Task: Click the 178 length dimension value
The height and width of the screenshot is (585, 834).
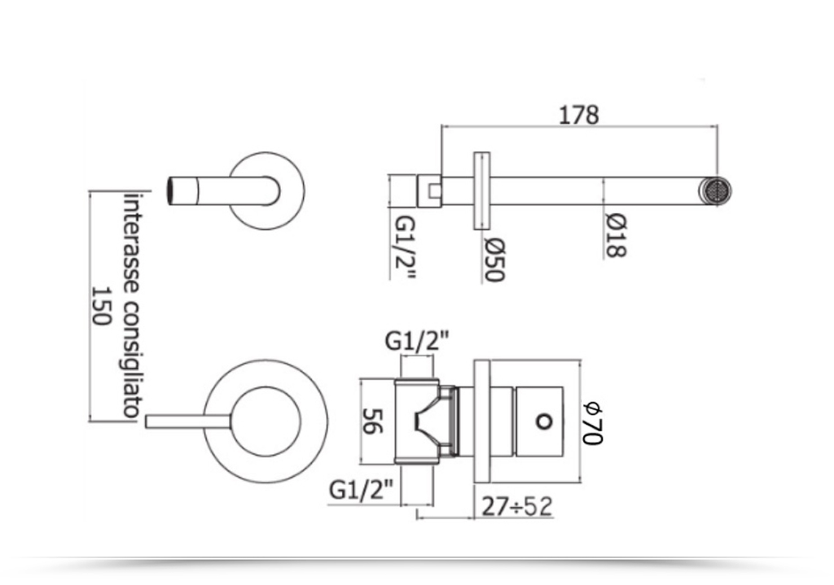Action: pyautogui.click(x=578, y=115)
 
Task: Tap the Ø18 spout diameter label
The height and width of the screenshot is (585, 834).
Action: pyautogui.click(x=616, y=234)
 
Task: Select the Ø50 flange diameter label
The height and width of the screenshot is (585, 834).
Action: pyautogui.click(x=494, y=260)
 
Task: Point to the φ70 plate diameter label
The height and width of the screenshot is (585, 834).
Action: pyautogui.click(x=593, y=423)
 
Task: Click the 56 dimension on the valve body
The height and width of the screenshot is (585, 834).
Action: pyautogui.click(x=372, y=420)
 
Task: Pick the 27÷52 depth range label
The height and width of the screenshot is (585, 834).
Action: pyautogui.click(x=516, y=506)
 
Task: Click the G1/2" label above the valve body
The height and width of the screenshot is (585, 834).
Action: pyautogui.click(x=416, y=341)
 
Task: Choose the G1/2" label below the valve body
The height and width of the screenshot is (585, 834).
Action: pyautogui.click(x=361, y=490)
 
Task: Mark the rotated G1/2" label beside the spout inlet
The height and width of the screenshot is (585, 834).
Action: pyautogui.click(x=405, y=247)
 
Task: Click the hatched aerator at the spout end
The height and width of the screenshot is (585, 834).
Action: pyautogui.click(x=716, y=191)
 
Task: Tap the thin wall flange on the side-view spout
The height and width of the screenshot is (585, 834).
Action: pyautogui.click(x=481, y=191)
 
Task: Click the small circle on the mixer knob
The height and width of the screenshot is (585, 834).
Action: pyautogui.click(x=543, y=421)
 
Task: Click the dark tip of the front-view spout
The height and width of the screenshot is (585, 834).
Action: pyautogui.click(x=171, y=190)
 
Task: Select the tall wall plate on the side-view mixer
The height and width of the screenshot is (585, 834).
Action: pyautogui.click(x=481, y=421)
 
